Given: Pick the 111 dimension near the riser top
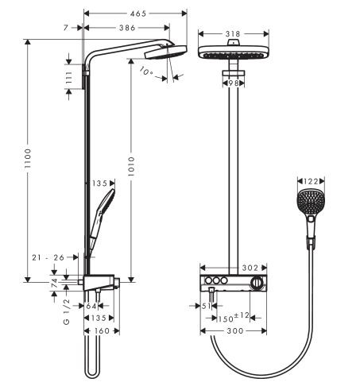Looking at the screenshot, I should [70, 77].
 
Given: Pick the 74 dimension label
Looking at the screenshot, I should [54, 284].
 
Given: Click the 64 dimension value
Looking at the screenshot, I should [91, 305].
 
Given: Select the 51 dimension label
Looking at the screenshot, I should [204, 304].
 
